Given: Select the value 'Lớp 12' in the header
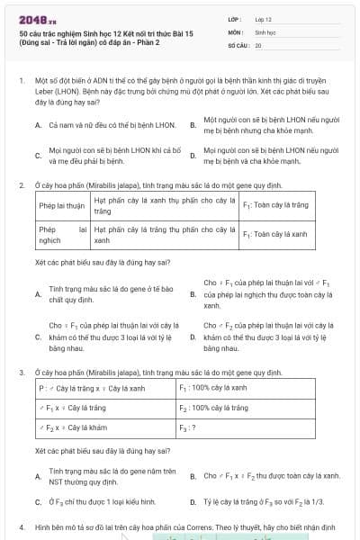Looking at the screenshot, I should [265, 18].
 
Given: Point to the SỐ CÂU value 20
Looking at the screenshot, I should [258, 43].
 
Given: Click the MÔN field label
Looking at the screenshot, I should [236, 31].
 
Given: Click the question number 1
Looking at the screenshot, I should [21, 80].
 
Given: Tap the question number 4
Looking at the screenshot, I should [21, 525].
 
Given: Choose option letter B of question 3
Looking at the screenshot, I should [193, 474].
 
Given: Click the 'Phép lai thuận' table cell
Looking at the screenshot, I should [61, 205].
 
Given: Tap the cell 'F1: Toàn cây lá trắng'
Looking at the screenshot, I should [275, 205].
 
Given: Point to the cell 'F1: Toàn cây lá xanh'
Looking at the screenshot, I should [275, 234].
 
